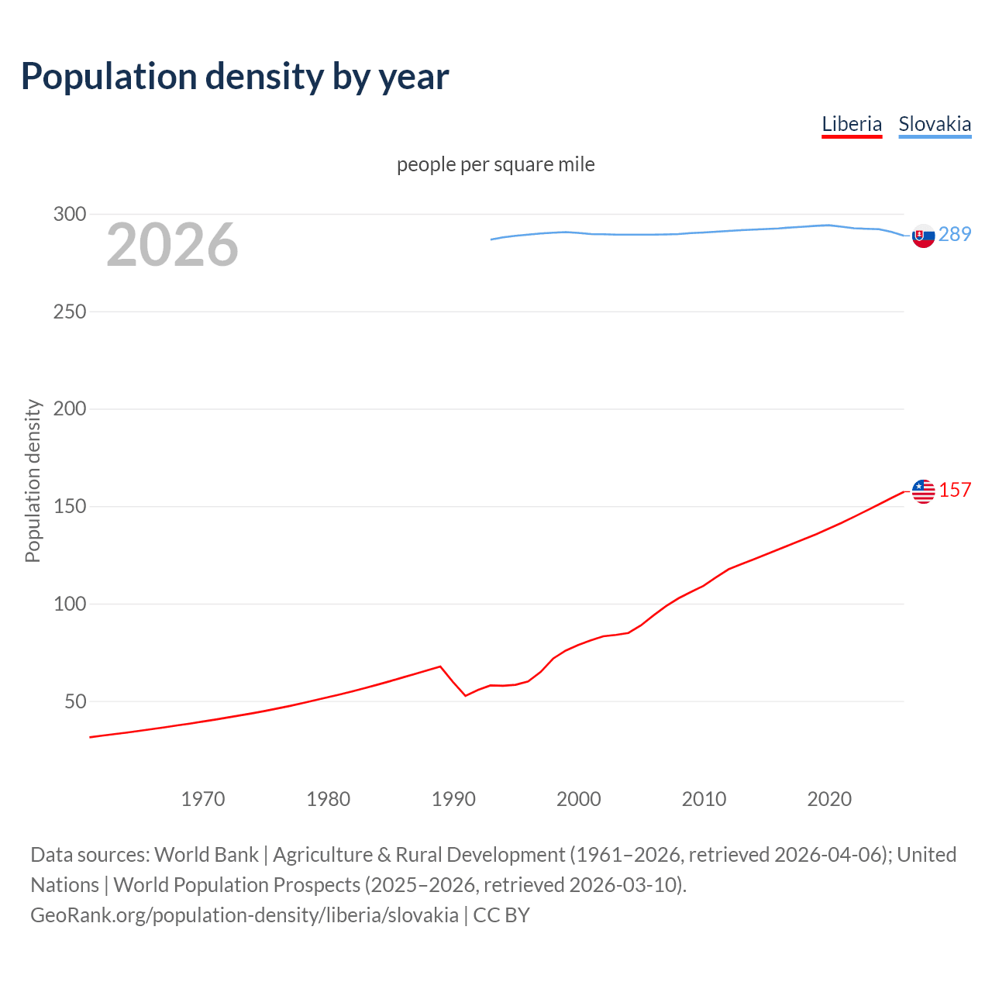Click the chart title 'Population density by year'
point(235,77)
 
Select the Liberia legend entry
point(852,124)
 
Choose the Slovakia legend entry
point(935,124)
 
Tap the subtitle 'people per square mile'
point(496,164)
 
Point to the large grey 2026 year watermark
point(172,245)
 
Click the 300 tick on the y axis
point(70,214)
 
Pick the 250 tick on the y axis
point(70,312)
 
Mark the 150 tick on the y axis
point(70,506)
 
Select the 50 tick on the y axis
point(75,701)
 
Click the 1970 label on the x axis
point(203,799)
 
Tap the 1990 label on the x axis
point(453,799)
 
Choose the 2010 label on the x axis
point(704,799)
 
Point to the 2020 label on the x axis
point(829,799)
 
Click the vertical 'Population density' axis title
point(33,480)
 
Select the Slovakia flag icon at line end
point(923,236)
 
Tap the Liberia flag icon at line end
point(923,491)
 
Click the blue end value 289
point(955,234)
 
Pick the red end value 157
point(955,490)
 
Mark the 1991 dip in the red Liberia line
point(466,695)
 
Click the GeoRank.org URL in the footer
point(244,915)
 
